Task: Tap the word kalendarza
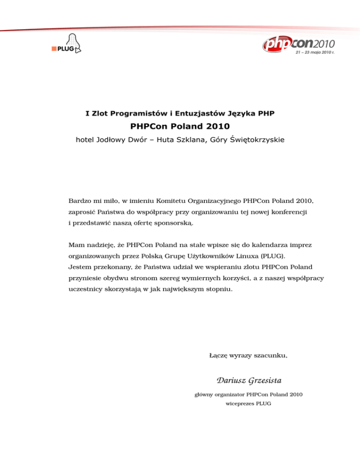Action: pyautogui.click(x=267, y=245)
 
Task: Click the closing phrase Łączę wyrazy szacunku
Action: pyautogui.click(x=247, y=356)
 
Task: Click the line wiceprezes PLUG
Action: pyautogui.click(x=248, y=403)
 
